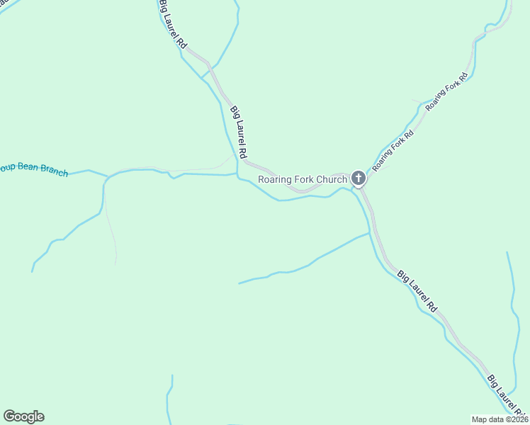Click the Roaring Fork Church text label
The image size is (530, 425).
click(x=303, y=179)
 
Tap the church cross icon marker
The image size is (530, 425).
click(x=359, y=178)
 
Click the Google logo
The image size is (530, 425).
click(x=23, y=416)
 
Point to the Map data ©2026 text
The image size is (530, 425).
click(x=500, y=419)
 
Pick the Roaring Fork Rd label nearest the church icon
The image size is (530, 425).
click(x=393, y=150)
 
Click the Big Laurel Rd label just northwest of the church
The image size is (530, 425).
click(x=239, y=132)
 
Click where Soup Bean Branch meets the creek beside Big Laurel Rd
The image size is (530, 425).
click(x=237, y=173)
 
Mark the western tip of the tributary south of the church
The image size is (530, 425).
click(x=239, y=283)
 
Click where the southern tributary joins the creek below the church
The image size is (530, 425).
click(x=369, y=232)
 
